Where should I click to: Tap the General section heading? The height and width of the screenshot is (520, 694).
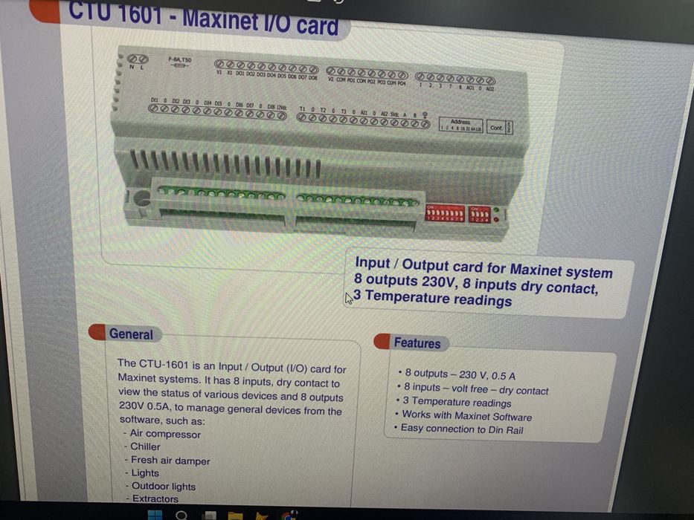pos(130,334)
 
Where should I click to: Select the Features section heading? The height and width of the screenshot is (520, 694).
pos(417,343)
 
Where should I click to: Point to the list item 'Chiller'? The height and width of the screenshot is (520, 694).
pos(145,446)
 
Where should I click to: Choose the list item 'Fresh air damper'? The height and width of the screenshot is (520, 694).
pos(170,461)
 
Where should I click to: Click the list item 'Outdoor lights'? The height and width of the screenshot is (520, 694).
pos(163,487)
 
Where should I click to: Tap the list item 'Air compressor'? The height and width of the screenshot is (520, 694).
pos(165,434)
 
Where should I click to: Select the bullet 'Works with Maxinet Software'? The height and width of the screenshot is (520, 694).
pos(466,416)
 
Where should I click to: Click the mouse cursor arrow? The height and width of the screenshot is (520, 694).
pos(349,299)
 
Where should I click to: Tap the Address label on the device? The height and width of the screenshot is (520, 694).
pos(460,122)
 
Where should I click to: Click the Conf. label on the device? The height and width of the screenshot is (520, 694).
pos(496,128)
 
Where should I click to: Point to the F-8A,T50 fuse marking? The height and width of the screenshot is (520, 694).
pos(179,59)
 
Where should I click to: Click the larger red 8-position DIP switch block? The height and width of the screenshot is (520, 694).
pos(445,214)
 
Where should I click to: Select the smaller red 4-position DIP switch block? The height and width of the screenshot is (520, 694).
pos(480,214)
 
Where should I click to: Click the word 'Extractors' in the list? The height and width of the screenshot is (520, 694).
pos(155,499)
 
